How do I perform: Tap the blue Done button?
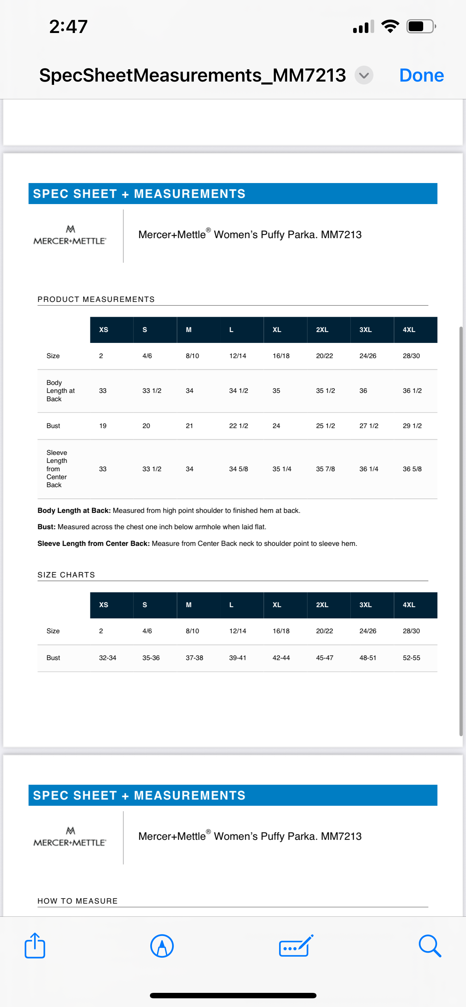point(421,75)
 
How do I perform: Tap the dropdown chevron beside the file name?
point(364,75)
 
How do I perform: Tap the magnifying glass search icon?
point(430,946)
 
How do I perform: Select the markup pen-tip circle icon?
point(162,946)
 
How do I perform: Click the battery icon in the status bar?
point(421,26)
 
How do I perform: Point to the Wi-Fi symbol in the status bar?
point(390,26)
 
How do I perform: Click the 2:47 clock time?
point(69,26)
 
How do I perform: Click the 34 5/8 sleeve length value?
point(239,469)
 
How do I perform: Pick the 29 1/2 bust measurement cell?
point(412,426)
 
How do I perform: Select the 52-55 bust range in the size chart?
point(411,658)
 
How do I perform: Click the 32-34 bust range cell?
point(107,658)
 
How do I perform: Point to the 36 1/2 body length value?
point(412,390)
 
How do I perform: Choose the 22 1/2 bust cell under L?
point(239,426)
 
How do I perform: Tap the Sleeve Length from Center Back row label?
point(57,469)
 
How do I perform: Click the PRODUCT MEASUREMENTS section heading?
point(96,299)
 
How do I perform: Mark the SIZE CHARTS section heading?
point(66,575)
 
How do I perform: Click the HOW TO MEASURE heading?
point(77,901)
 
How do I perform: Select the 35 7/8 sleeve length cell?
point(326,469)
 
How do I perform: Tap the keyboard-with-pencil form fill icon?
point(296,946)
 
